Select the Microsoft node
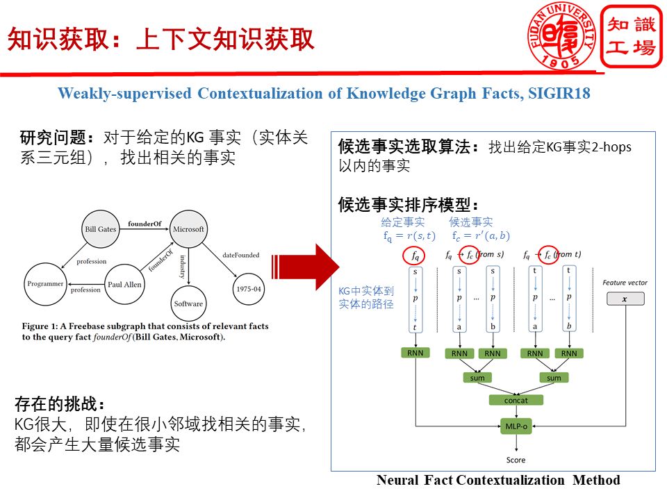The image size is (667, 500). (x=188, y=228)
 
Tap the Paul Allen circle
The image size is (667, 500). (x=125, y=283)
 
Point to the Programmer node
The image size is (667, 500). (x=45, y=283)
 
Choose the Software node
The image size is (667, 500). (x=188, y=303)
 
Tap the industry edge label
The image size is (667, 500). (x=183, y=265)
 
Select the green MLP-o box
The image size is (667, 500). (x=516, y=426)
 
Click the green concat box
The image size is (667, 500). (x=516, y=400)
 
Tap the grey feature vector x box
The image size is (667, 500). (x=625, y=299)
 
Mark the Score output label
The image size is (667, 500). (x=516, y=460)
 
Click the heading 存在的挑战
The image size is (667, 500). (x=60, y=403)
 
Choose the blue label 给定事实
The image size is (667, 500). (x=402, y=222)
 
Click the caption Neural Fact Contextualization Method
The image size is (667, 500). (x=497, y=481)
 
